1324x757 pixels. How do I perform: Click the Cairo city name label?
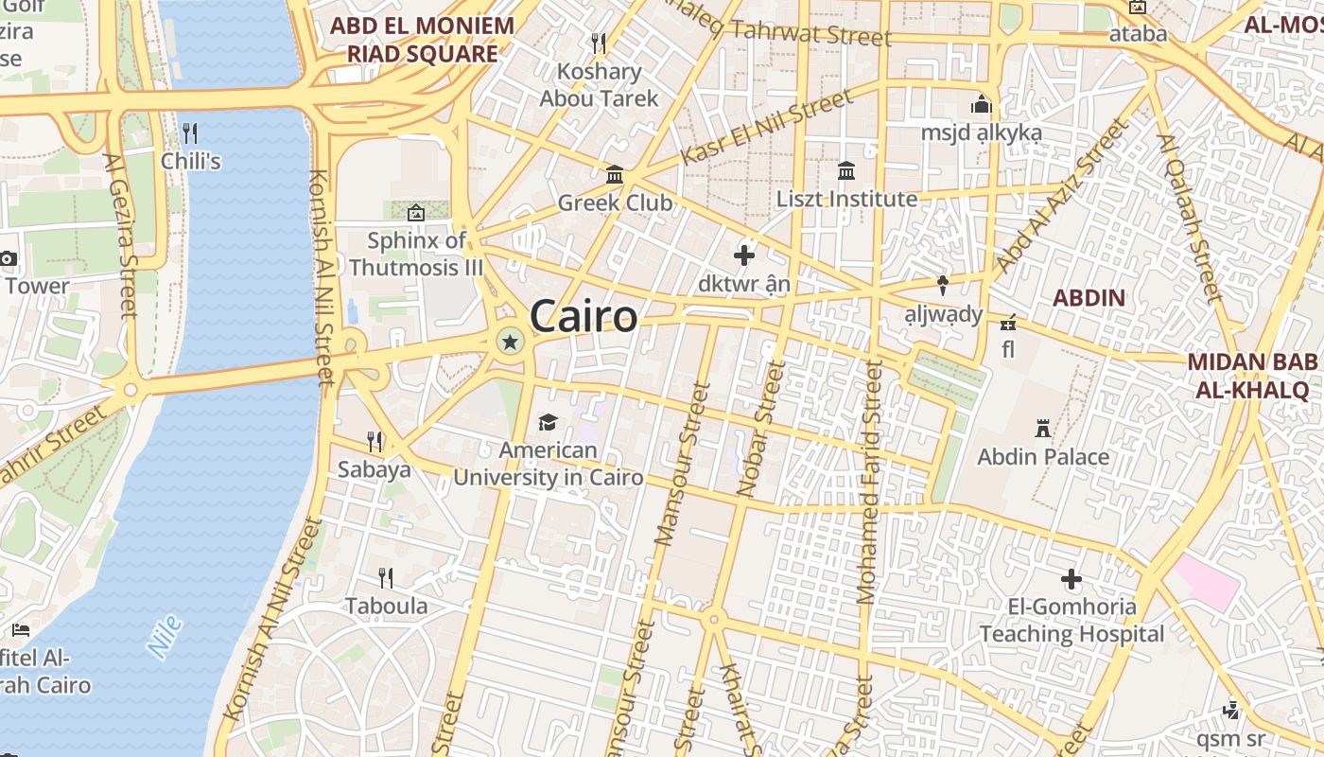tap(584, 316)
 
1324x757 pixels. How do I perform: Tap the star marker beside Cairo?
tap(510, 342)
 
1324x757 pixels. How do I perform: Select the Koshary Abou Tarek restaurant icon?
tap(598, 43)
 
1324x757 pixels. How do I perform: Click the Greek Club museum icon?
tap(615, 174)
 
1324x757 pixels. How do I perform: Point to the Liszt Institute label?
tap(846, 199)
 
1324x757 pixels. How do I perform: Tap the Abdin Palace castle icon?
tap(1043, 428)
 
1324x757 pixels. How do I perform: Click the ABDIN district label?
tap(1089, 298)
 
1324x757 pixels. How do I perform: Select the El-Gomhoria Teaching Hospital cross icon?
tap(1071, 578)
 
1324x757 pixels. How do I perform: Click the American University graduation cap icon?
tap(548, 422)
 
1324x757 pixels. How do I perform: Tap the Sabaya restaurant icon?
tap(375, 441)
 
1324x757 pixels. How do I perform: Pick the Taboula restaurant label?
tap(386, 606)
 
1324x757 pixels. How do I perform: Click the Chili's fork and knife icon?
tap(190, 132)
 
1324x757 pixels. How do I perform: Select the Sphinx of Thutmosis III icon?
tap(415, 212)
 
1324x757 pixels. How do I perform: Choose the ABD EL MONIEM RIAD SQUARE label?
tap(422, 40)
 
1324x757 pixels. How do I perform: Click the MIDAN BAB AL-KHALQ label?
tap(1252, 376)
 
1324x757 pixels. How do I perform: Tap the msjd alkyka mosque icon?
tap(981, 103)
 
